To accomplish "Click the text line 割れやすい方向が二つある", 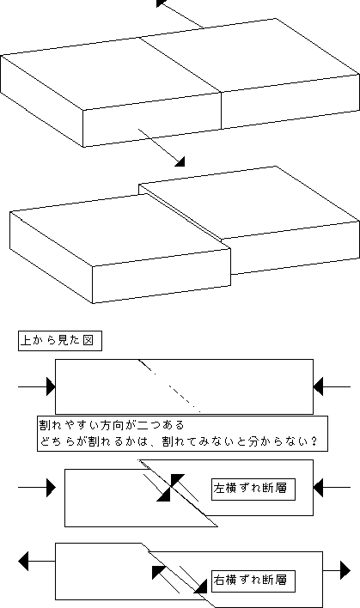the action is pyautogui.click(x=112, y=425).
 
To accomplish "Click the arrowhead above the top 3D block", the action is pyautogui.click(x=161, y=3).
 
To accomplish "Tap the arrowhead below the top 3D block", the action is pyautogui.click(x=180, y=161).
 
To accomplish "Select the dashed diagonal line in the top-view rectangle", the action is pyautogui.click(x=169, y=386).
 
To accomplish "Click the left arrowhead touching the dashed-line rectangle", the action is pyautogui.click(x=51, y=386).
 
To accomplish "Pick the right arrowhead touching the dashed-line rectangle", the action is pyautogui.click(x=318, y=386).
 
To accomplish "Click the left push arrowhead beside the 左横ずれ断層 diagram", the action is pyautogui.click(x=51, y=488).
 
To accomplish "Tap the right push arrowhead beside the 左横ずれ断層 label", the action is pyautogui.click(x=318, y=488).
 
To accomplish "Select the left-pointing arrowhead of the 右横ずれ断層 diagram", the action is pyautogui.click(x=23, y=561).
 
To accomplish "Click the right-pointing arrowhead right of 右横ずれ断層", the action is pyautogui.click(x=345, y=570).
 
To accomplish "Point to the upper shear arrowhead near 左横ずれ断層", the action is pyautogui.click(x=178, y=480).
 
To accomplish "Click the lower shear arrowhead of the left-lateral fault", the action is pyautogui.click(x=164, y=495).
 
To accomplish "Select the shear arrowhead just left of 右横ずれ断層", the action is pyautogui.click(x=201, y=587).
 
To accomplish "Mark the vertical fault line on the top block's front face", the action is pyautogui.click(x=221, y=111).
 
